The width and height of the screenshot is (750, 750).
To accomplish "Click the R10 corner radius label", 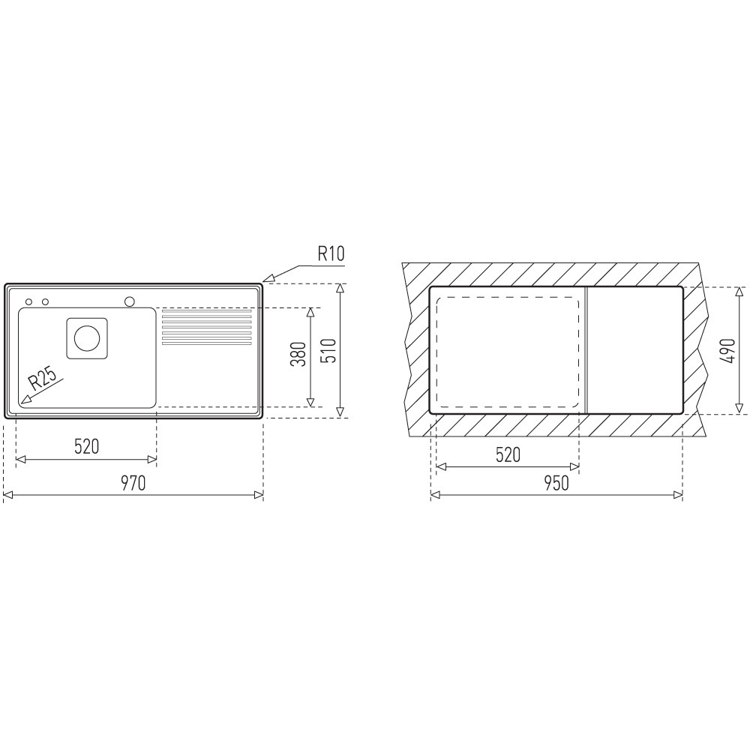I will (330, 253).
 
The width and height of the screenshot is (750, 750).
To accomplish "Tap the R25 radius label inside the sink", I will (41, 381).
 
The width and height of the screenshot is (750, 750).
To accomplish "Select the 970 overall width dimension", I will (133, 483).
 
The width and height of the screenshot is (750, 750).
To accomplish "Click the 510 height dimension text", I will (328, 350).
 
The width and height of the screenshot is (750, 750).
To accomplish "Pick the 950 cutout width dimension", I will (556, 483).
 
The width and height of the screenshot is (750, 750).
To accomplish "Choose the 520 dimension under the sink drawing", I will (86, 447).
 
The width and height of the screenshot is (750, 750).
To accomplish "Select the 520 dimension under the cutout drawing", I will (508, 454).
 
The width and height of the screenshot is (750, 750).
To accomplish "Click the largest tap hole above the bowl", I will (130, 301).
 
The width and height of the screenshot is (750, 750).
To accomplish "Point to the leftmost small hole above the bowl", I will (29, 302).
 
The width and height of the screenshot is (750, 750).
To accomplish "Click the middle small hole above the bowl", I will (45, 302).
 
